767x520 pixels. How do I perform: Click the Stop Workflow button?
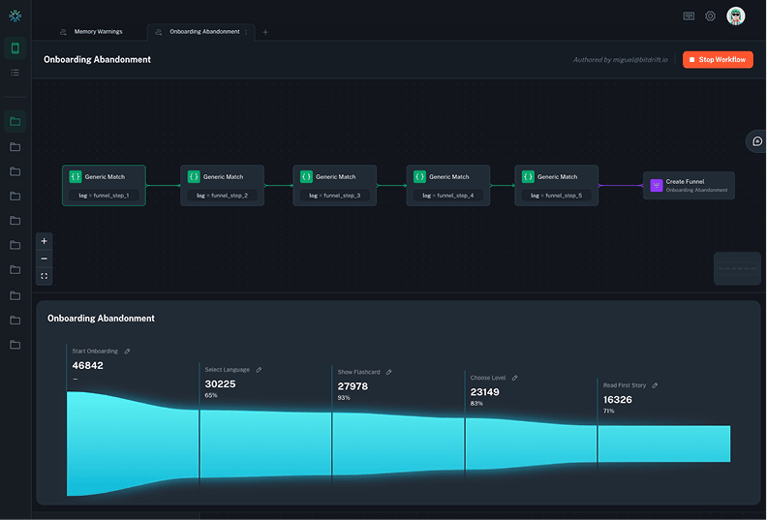tap(718, 60)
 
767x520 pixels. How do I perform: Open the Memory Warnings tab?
tap(98, 32)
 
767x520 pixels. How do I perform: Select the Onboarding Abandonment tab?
tap(203, 32)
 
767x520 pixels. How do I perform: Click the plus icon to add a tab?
tap(266, 32)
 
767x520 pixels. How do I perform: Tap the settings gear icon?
tap(710, 16)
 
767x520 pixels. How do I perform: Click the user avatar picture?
tap(736, 16)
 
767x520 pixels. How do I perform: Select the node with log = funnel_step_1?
tap(104, 185)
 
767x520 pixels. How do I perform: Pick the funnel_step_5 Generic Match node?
tap(556, 185)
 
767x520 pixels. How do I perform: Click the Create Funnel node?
tap(689, 185)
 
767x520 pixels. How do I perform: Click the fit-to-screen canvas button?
tap(44, 276)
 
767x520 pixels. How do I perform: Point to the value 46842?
tap(88, 365)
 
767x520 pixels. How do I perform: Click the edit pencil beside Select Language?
tap(259, 370)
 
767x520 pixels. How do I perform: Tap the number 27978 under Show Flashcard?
tap(353, 386)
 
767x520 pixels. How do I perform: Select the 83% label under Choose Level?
tap(476, 403)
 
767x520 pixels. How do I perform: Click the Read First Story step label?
tap(625, 385)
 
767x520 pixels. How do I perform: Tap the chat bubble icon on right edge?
tap(757, 141)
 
